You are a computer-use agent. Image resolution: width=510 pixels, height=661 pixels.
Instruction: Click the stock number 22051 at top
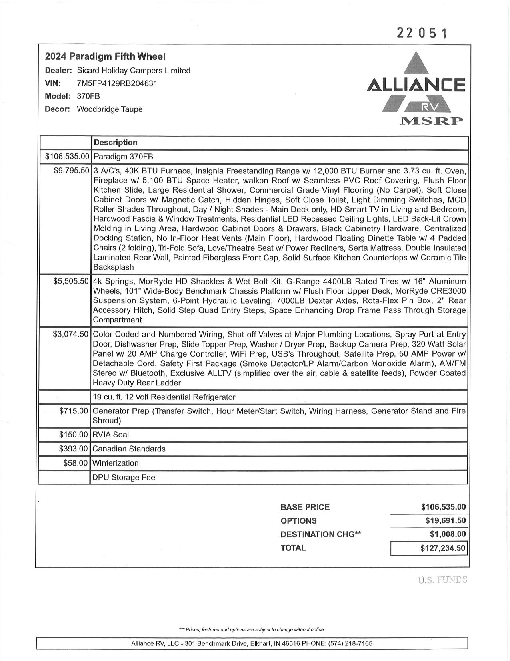pos(421,33)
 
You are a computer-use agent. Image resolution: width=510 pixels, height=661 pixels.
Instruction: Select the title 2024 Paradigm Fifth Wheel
pos(105,56)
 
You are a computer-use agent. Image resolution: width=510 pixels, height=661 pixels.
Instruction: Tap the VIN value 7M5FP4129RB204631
pos(117,83)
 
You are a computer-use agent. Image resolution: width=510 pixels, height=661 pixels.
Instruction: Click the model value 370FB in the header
pos(88,96)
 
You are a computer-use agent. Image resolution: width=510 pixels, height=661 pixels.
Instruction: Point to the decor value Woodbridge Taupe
pos(110,109)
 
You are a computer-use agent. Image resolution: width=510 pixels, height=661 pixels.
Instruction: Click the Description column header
pos(116,143)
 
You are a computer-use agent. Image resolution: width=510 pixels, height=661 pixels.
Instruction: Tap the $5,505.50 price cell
pos(71,281)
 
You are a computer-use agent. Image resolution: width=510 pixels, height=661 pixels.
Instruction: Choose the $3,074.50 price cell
pos(70,335)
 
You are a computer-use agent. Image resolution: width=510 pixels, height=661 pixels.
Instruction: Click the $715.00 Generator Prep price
pos(74,411)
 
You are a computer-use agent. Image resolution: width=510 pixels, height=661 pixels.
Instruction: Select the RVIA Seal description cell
pos(111,435)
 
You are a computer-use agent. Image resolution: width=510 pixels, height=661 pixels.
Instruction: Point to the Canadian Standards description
pos(129,449)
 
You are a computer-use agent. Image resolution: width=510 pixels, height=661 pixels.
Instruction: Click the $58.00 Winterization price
pos(76,463)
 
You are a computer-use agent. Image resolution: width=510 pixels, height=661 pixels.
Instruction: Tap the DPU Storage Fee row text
pos(124,478)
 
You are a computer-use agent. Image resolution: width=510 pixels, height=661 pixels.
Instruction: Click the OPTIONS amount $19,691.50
pos(446,521)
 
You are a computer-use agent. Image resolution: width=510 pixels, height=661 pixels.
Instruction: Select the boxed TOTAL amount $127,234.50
pos(443,548)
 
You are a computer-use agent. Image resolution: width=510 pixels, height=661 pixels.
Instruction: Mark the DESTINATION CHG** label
pos(321,534)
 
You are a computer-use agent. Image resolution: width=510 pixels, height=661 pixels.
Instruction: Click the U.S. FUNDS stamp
pos(442,580)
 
